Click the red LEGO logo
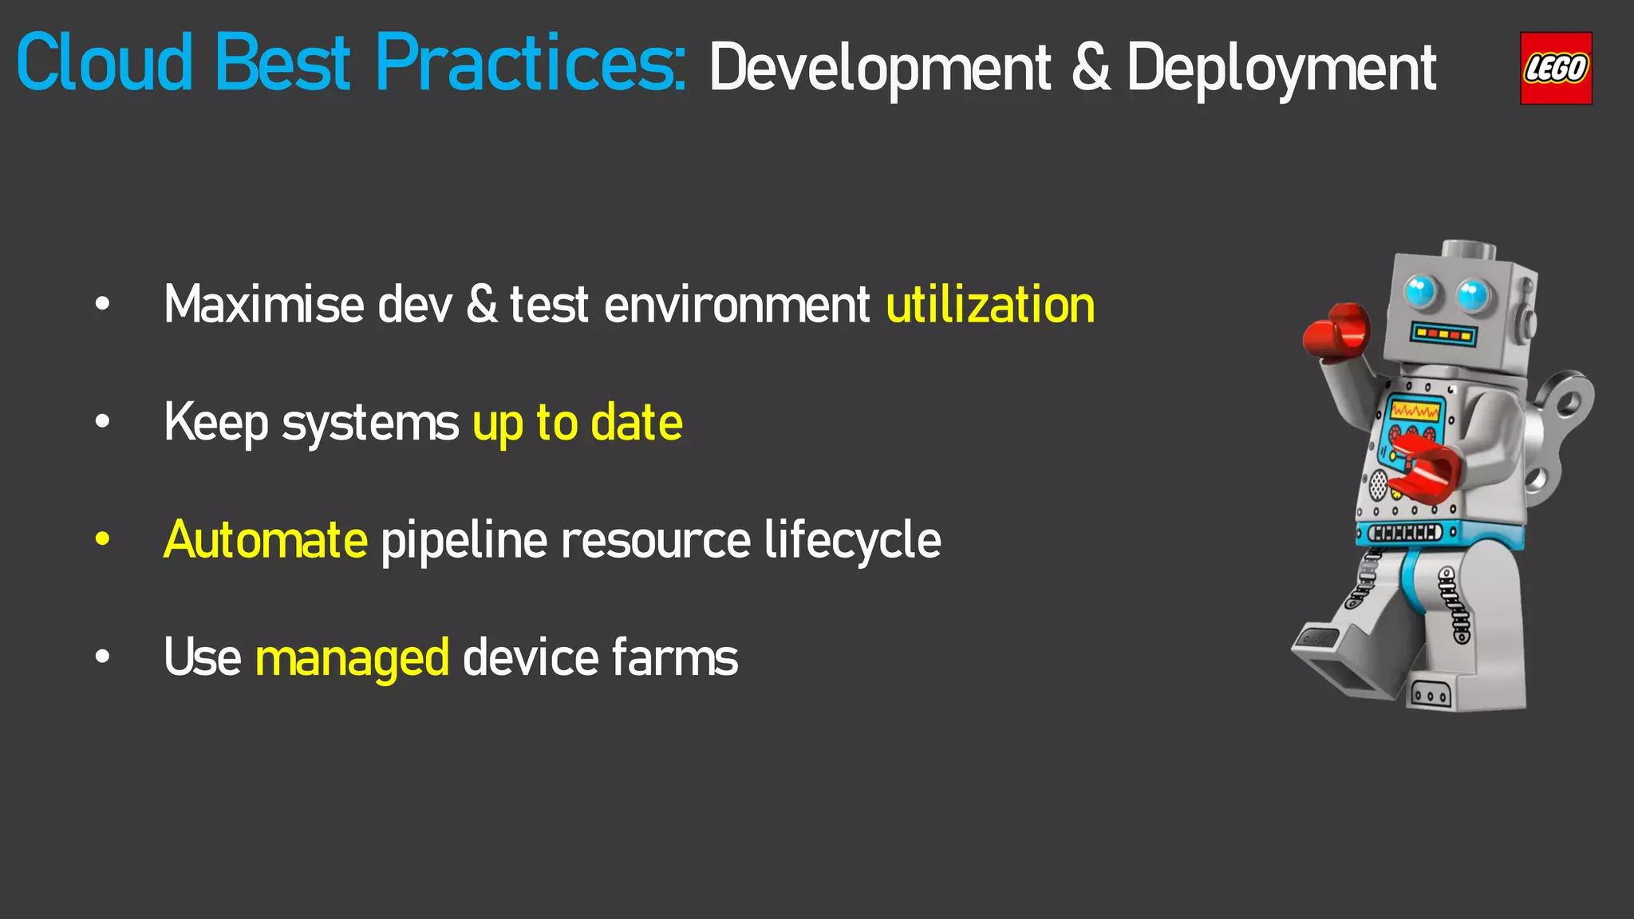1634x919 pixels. pyautogui.click(x=1556, y=69)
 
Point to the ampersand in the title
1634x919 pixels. pyautogui.click(x=1091, y=67)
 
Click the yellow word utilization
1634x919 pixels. pyautogui.click(x=990, y=305)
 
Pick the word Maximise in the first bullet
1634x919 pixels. pyautogui.click(x=264, y=305)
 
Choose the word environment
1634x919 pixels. pyautogui.click(x=737, y=305)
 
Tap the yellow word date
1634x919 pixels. pyautogui.click(x=636, y=423)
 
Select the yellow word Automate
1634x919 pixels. pyautogui.click(x=266, y=540)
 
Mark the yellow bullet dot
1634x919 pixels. pyautogui.click(x=102, y=539)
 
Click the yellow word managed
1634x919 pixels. pyautogui.click(x=352, y=659)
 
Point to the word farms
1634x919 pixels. pyautogui.click(x=675, y=657)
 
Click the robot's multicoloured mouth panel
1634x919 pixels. pyautogui.click(x=1443, y=333)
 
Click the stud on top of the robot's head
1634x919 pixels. pyautogui.click(x=1469, y=250)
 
